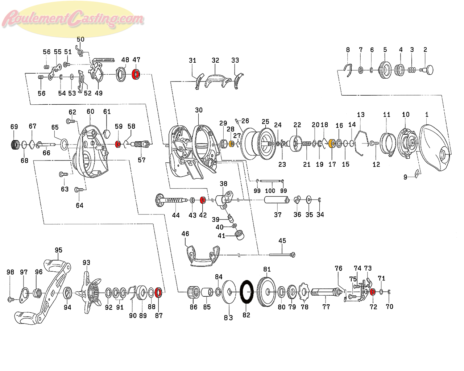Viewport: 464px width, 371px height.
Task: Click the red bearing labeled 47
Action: click(136, 74)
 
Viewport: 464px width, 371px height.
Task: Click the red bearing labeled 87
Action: click(158, 292)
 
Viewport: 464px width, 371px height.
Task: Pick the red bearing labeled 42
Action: click(203, 200)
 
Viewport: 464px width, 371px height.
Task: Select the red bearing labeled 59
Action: click(118, 144)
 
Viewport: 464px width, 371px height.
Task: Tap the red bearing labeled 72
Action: click(373, 292)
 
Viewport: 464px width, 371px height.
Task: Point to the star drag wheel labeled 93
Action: click(91, 292)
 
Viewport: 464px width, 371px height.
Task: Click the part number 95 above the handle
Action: click(58, 250)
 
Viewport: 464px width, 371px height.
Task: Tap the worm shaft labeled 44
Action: click(172, 200)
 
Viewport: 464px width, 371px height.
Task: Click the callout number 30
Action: click(199, 110)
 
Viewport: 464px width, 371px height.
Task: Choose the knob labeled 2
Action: click(427, 70)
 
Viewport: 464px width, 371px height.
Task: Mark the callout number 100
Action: click(270, 191)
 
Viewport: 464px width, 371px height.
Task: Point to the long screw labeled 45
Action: click(282, 255)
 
